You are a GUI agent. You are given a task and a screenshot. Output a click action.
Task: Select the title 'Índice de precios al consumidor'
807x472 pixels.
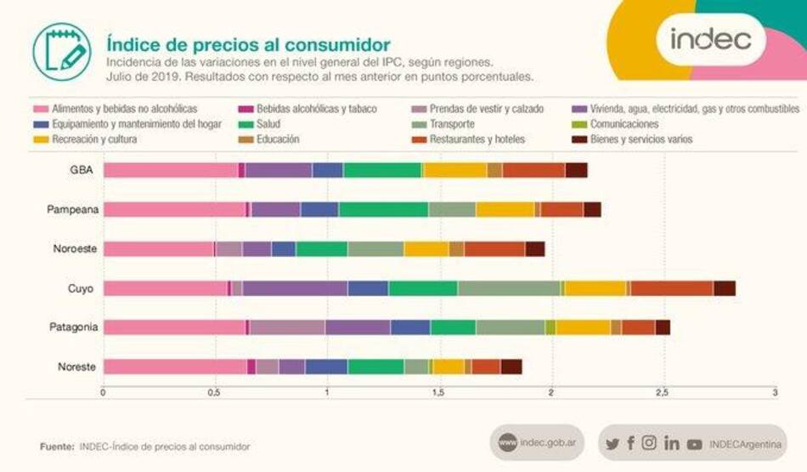(x=248, y=43)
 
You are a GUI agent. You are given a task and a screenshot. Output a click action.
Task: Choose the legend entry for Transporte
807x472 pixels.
(x=456, y=124)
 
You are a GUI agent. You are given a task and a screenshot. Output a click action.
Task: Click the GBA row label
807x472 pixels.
(x=82, y=170)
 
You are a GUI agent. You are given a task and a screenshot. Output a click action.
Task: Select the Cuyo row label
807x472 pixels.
(x=82, y=288)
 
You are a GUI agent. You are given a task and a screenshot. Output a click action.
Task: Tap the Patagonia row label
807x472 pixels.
(x=73, y=327)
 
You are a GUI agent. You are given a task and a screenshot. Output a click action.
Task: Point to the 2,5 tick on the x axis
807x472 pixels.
(x=663, y=393)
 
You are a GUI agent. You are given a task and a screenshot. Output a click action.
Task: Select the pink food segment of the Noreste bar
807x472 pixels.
(x=174, y=367)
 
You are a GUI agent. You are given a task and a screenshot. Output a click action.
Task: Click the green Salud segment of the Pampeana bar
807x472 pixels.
(x=383, y=209)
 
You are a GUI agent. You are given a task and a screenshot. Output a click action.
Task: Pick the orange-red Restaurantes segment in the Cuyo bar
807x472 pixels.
(x=671, y=288)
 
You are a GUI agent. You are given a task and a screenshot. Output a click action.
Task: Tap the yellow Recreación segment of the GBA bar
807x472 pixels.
(x=455, y=170)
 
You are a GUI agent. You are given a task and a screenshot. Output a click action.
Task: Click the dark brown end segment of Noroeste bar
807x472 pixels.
(x=535, y=249)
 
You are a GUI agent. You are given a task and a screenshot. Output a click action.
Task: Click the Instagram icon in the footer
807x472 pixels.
(x=649, y=443)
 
